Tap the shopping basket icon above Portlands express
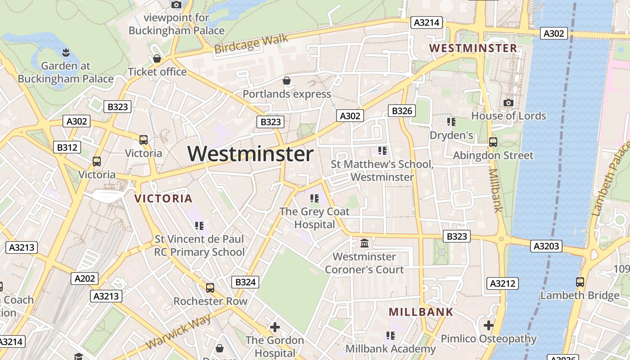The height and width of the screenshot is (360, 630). [286, 81]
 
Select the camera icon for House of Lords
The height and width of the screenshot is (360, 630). [508, 103]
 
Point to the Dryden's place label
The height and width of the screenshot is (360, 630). [451, 135]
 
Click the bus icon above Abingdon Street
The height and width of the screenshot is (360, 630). [493, 142]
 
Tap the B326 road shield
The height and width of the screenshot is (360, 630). [401, 111]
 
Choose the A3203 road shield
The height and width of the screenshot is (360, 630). [547, 246]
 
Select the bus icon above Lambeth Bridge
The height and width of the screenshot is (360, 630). [580, 282]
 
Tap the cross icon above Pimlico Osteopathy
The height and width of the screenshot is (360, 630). [489, 325]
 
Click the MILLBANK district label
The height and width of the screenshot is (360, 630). [421, 312]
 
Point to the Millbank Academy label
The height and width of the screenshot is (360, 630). [390, 349]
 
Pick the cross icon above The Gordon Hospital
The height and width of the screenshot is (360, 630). [274, 327]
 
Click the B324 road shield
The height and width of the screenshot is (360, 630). [245, 282]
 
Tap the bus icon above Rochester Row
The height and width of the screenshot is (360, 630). [210, 288]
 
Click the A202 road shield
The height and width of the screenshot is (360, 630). [85, 279]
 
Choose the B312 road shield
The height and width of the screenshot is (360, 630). [67, 147]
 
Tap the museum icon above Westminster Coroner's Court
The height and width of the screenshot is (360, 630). [364, 243]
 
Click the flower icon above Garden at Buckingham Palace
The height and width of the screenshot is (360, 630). [66, 52]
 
